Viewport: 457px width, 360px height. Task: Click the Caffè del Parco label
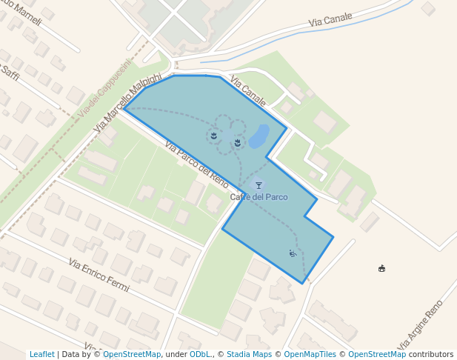[x=258, y=197]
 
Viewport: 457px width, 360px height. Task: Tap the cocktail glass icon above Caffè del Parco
[x=258, y=185]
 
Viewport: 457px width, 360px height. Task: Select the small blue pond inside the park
[x=258, y=136]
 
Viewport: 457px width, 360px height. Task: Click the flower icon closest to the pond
[x=237, y=142]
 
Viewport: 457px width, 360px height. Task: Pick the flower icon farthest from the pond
[x=213, y=136]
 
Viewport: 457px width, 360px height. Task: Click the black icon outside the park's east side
[x=381, y=268]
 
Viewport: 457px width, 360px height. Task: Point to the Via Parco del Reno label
[x=197, y=164]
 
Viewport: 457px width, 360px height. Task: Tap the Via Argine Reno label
[x=420, y=325]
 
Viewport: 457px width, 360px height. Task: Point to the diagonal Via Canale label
[x=248, y=90]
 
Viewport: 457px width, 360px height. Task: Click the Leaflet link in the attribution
[x=42, y=355]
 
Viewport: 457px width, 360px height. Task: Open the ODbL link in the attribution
[x=200, y=355]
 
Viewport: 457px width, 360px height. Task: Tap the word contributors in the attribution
[x=431, y=355]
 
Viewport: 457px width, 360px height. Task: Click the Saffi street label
[x=10, y=73]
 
